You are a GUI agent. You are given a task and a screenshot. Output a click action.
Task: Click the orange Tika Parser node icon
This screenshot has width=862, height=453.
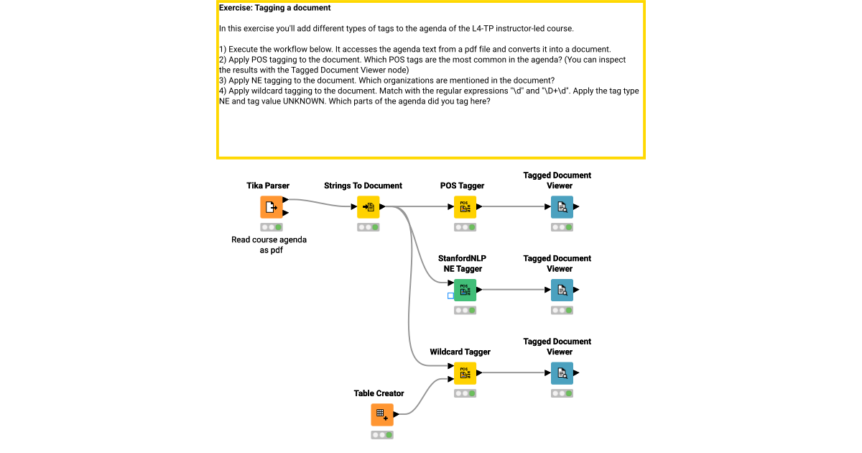pos(271,207)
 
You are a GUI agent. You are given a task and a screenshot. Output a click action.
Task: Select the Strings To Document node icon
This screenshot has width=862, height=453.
pos(368,207)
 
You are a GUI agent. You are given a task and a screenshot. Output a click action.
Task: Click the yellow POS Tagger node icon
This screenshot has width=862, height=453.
pos(465,207)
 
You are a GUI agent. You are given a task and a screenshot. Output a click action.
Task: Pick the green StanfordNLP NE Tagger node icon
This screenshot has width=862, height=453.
pos(465,290)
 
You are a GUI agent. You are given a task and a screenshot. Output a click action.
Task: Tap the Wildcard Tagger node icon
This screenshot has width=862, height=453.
pos(465,373)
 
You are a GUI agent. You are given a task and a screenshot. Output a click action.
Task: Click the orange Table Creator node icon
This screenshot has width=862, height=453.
pos(382,415)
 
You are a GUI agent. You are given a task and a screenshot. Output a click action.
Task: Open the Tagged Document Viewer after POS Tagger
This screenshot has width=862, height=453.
pos(562,207)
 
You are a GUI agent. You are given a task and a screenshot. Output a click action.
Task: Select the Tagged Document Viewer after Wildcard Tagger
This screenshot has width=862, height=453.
pos(562,373)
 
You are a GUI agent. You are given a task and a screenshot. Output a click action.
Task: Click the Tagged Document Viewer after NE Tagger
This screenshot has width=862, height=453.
pos(562,290)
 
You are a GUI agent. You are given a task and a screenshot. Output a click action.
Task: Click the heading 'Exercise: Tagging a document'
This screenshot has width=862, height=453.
pos(274,8)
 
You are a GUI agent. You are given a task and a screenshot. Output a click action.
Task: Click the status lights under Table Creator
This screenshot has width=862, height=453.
pos(382,435)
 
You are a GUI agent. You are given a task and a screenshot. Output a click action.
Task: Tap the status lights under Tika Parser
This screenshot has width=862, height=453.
pos(271,227)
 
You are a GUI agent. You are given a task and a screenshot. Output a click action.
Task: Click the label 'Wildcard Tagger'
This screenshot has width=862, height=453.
pos(460,352)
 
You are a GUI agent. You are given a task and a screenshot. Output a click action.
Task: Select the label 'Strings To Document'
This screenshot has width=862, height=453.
pos(363,186)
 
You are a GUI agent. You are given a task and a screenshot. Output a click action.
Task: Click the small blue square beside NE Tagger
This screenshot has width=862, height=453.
pos(450,296)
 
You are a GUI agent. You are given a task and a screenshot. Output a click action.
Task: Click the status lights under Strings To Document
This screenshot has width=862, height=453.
pos(368,227)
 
